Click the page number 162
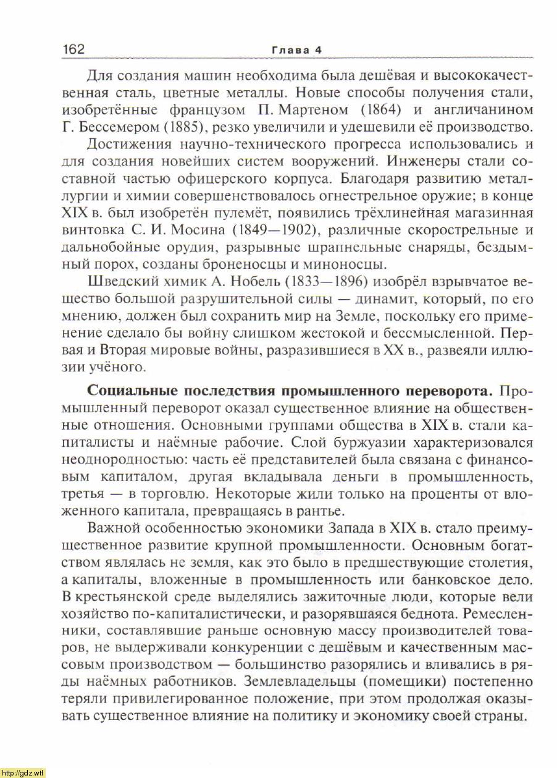(73, 49)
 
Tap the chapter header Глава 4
(298, 50)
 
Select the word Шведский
(119, 282)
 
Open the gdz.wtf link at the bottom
(23, 772)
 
